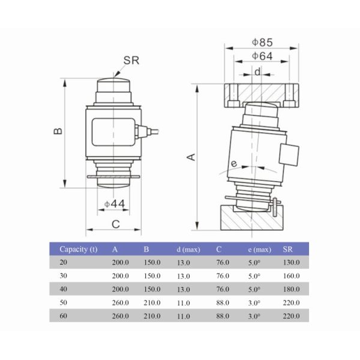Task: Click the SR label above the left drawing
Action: click(x=131, y=60)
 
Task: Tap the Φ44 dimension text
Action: click(x=115, y=204)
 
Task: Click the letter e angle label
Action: click(x=234, y=163)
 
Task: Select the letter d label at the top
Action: click(x=257, y=71)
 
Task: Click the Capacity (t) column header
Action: click(x=78, y=249)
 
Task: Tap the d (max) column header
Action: click(x=188, y=249)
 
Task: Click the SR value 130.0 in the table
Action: click(x=292, y=263)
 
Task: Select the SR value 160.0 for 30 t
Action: click(x=292, y=276)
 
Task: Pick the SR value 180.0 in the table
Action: click(x=292, y=289)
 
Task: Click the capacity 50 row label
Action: click(x=64, y=302)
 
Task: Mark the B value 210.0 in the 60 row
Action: click(x=152, y=316)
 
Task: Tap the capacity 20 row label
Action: click(x=64, y=263)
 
